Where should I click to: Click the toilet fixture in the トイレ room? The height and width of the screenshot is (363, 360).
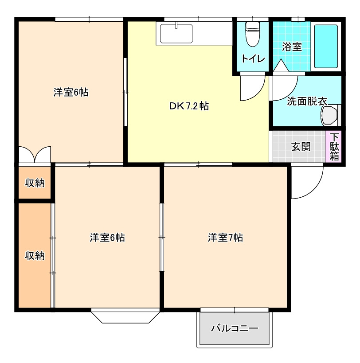[252, 34]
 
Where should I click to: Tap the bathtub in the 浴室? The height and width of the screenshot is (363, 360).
[326, 46]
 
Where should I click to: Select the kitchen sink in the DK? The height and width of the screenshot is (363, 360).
[176, 34]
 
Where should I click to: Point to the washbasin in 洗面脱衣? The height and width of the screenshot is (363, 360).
[329, 115]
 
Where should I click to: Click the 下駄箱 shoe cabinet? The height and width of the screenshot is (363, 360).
[334, 147]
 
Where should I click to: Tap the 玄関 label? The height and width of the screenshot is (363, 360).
[301, 147]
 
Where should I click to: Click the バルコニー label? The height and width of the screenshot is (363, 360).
[234, 328]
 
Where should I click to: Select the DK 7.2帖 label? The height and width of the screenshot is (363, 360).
[189, 106]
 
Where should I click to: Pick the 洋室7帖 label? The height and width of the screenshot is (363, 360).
[225, 238]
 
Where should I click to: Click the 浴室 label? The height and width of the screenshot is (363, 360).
[292, 47]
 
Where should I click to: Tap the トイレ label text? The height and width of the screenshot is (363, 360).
[253, 59]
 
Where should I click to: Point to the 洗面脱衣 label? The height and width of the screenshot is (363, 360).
[307, 101]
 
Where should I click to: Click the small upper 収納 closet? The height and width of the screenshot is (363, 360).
[35, 183]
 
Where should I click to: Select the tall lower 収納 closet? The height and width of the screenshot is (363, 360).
[35, 255]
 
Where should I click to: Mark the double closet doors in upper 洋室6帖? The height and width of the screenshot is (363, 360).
[35, 154]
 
